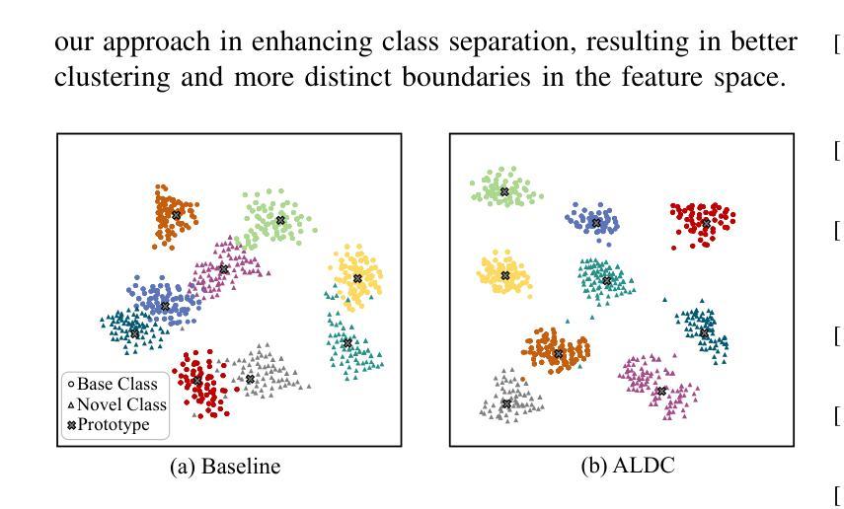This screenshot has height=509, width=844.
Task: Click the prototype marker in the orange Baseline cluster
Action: [x=176, y=215]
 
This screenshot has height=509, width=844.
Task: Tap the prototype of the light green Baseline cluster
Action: [x=280, y=220]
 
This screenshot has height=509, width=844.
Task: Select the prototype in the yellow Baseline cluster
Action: [x=357, y=278]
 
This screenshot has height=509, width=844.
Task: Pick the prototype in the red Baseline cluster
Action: [x=197, y=381]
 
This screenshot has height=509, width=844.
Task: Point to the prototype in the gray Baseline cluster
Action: [x=250, y=380]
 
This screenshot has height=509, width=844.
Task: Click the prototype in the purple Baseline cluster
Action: [x=224, y=269]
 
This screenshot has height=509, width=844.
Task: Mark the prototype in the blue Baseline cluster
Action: [x=165, y=306]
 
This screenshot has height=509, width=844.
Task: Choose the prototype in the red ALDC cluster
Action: [x=706, y=223]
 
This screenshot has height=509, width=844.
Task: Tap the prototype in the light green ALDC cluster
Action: [x=504, y=191]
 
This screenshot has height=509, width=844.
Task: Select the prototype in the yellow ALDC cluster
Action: [x=504, y=275]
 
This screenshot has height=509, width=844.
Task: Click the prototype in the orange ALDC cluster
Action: [x=558, y=353]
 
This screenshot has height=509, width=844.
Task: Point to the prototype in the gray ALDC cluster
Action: [x=506, y=403]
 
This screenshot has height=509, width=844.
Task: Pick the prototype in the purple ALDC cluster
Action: [x=662, y=392]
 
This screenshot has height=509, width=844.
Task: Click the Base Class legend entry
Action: [x=113, y=384]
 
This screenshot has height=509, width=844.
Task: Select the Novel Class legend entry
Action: [x=116, y=404]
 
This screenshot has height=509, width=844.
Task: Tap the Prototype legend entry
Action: [x=109, y=425]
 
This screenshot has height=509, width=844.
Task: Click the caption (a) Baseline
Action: [x=225, y=467]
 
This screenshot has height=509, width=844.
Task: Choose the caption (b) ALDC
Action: [x=628, y=466]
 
